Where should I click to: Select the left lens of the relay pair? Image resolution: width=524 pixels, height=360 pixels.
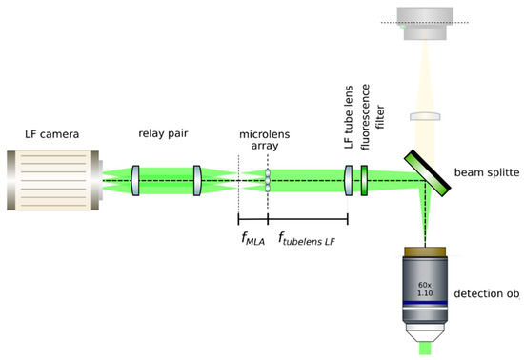tap(137, 179)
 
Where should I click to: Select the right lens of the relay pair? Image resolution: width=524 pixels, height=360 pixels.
tap(197, 179)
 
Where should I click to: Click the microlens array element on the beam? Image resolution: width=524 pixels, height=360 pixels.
tap(269, 179)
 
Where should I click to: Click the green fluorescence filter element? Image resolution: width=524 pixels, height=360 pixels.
tap(365, 179)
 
